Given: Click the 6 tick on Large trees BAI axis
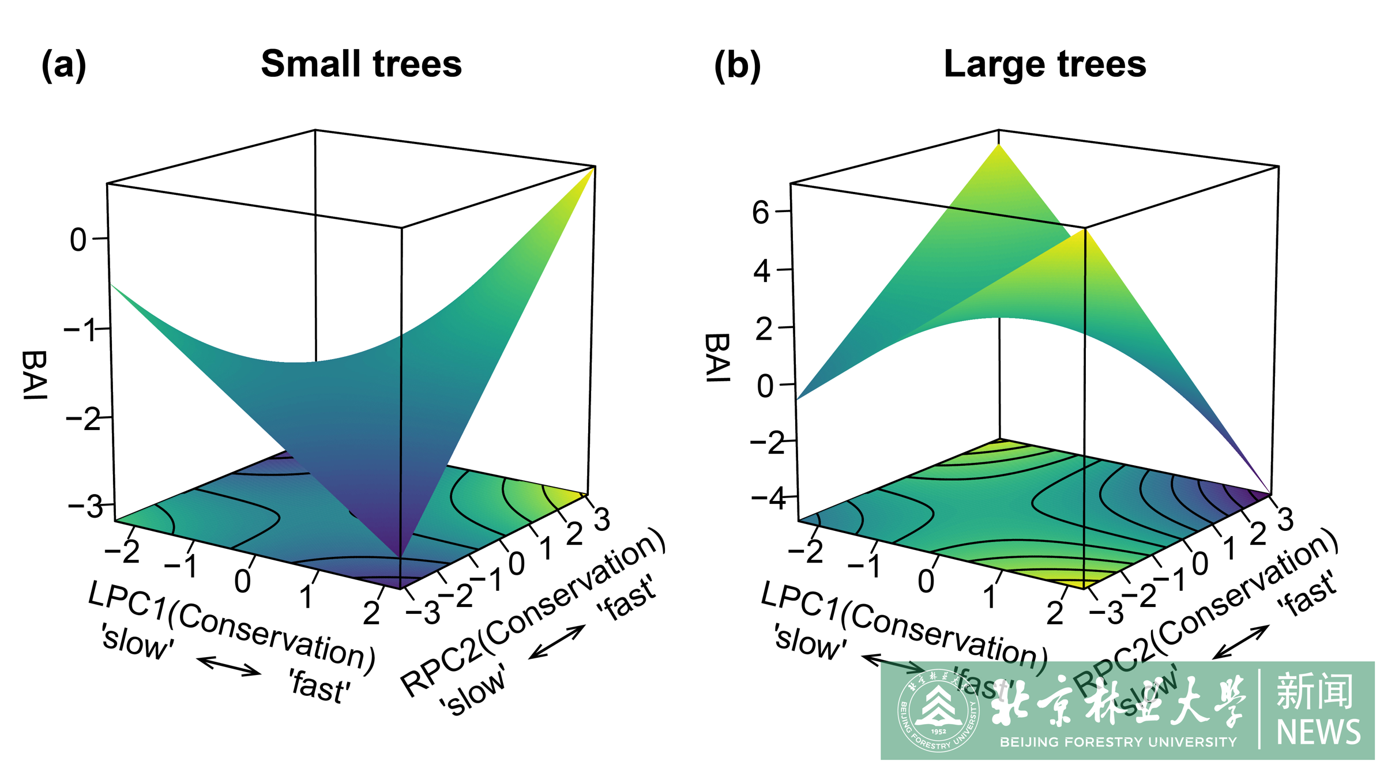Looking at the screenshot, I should tap(760, 213).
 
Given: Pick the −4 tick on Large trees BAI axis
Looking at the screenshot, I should tap(768, 498).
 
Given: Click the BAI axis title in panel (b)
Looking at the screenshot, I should tap(718, 357).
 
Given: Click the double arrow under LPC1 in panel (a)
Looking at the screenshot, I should tap(228, 665).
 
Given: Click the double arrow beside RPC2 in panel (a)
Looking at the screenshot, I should tap(556, 642).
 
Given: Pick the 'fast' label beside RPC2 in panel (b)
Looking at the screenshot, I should tap(1306, 594).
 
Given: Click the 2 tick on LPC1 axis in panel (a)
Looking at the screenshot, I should tap(371, 613).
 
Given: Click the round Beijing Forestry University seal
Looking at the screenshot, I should tap(938, 710).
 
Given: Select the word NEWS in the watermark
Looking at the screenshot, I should tap(1318, 732).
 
